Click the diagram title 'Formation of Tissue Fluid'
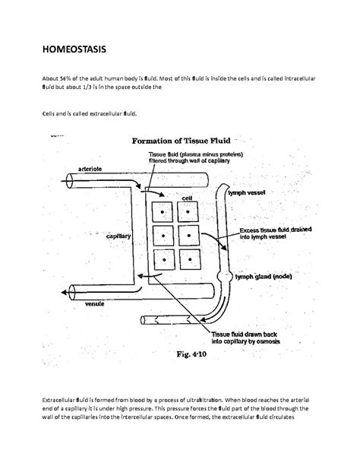click(x=186, y=140)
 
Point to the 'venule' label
click(x=94, y=303)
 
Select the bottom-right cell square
click(x=190, y=261)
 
